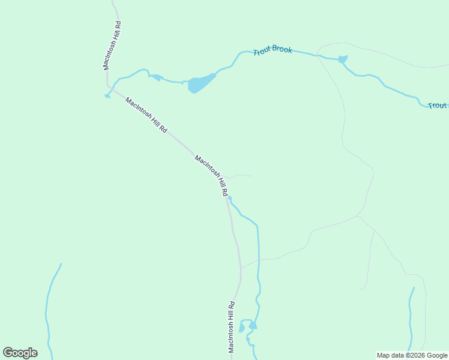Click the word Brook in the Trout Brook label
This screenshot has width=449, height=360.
(282, 49)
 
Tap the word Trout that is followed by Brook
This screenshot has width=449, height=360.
(262, 52)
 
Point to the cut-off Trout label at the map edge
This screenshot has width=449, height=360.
(437, 106)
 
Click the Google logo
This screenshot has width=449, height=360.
(20, 353)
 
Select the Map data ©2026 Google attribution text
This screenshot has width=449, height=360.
(412, 355)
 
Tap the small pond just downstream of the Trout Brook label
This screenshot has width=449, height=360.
(343, 59)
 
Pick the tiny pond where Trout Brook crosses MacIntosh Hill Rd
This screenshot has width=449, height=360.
(107, 95)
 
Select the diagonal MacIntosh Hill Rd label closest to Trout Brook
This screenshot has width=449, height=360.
(146, 115)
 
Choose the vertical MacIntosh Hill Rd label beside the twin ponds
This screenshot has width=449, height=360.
(231, 327)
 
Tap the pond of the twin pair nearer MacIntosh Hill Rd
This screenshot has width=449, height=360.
(242, 328)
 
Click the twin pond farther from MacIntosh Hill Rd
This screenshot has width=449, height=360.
(253, 325)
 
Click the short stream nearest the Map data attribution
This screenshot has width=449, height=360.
(411, 318)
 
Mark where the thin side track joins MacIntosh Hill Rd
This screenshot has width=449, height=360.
(241, 267)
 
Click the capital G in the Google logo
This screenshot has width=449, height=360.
(8, 352)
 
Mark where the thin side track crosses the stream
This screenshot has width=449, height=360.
(259, 260)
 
